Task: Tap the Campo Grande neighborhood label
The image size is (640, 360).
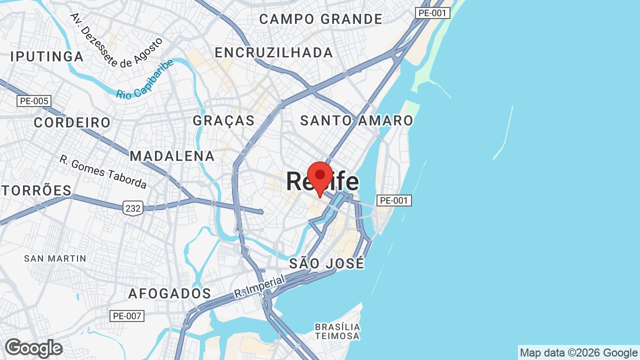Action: (320, 19)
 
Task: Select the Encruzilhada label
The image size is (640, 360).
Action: (273, 52)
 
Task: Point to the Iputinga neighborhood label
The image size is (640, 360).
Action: (47, 56)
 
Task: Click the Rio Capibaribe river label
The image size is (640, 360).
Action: (145, 79)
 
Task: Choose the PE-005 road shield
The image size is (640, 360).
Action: (34, 101)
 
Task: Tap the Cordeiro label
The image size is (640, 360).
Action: (72, 122)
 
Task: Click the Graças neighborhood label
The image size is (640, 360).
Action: (223, 120)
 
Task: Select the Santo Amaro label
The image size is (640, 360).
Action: (356, 120)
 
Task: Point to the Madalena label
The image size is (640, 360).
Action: (172, 156)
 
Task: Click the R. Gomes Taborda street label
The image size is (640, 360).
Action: (103, 172)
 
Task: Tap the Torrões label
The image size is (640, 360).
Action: (36, 190)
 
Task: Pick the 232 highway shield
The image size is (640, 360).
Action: (133, 207)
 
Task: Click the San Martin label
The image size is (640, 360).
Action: (55, 258)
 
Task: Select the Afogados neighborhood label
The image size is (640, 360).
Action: (169, 293)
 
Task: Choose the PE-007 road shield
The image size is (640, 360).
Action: (127, 316)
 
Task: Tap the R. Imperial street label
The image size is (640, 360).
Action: (259, 287)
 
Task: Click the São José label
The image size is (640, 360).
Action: (326, 263)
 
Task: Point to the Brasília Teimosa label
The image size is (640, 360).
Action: (337, 331)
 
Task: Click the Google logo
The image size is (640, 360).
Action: (33, 348)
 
